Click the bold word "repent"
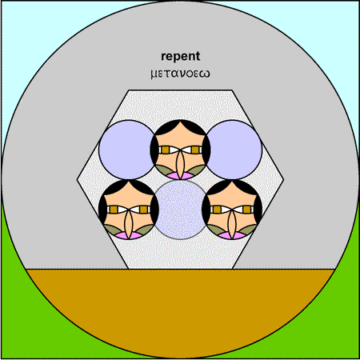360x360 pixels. [181, 57]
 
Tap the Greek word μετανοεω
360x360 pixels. [180, 74]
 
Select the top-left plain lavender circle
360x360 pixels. [127, 150]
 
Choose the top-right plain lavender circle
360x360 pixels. [234, 150]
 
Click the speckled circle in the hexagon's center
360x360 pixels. [181, 210]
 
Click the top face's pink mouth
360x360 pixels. [180, 176]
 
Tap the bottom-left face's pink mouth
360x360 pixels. [129, 236]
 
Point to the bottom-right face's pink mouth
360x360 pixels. [232, 236]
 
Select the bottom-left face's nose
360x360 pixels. [129, 225]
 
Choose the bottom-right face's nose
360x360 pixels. [232, 225]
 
